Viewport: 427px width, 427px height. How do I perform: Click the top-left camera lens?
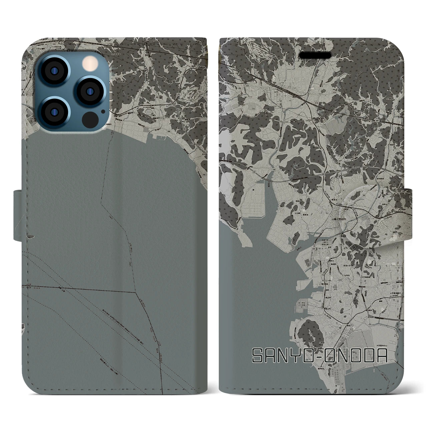point(54,72)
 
